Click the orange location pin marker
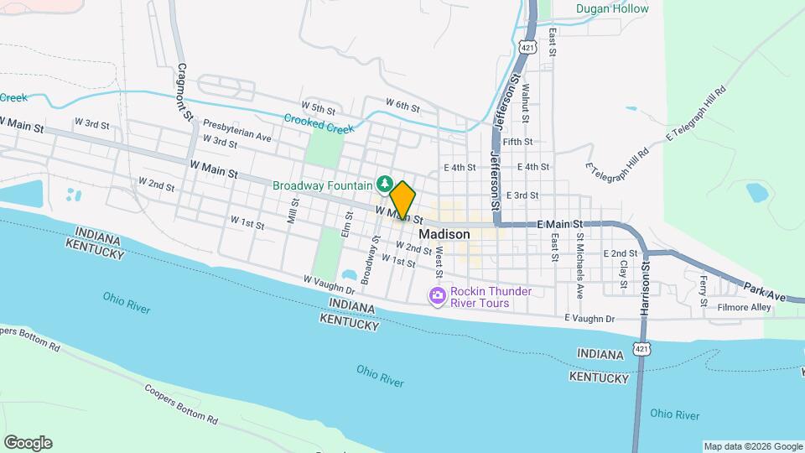[x=402, y=200]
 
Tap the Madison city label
[x=444, y=235]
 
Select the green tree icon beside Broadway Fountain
[x=385, y=182]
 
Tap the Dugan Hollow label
[x=612, y=8]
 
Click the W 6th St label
[x=402, y=104]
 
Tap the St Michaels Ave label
[x=579, y=261]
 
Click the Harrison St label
[x=646, y=290]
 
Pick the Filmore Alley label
[x=744, y=308]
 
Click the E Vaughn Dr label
[x=589, y=319]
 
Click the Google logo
[x=27, y=443]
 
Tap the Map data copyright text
[x=752, y=446]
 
